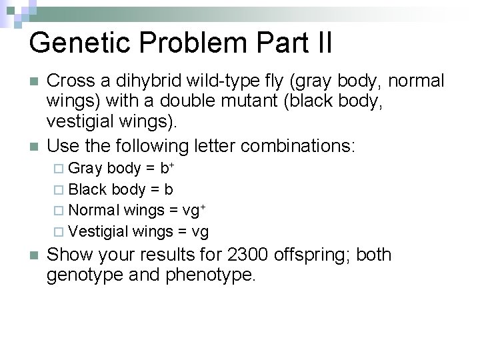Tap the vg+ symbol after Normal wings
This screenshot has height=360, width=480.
(193, 211)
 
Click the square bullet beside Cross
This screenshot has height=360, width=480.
(33, 82)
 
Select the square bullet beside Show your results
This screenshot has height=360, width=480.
(33, 255)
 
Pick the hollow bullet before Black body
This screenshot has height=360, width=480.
(59, 190)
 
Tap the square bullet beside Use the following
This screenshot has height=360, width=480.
(33, 145)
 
